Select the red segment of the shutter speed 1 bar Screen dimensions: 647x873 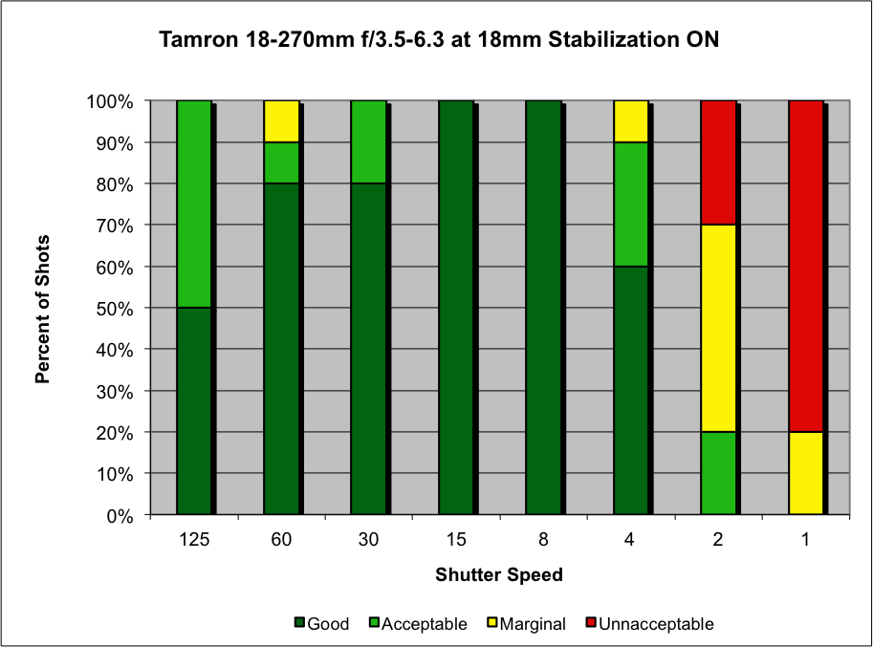click(805, 266)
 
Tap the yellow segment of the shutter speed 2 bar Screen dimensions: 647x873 click(718, 328)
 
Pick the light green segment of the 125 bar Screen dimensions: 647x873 click(193, 204)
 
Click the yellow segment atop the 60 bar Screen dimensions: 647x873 click(281, 120)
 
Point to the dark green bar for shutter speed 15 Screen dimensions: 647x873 click(456, 307)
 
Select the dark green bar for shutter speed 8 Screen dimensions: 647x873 click(543, 307)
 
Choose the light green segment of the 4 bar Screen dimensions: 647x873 click(630, 204)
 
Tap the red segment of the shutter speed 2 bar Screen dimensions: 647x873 click(718, 162)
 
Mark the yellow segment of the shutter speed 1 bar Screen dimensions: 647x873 click(805, 473)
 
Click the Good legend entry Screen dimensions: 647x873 click(322, 624)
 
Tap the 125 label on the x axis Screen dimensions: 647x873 click(193, 540)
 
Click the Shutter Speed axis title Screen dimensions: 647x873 click(499, 575)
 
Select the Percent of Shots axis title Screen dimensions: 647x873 click(43, 308)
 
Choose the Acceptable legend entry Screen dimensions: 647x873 click(416, 624)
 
